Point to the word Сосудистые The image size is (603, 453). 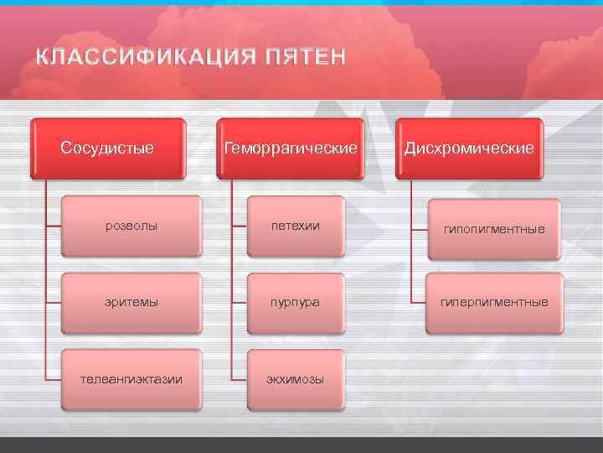107,148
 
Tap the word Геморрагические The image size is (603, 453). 291,148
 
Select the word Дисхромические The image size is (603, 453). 469,148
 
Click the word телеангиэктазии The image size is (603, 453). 131,379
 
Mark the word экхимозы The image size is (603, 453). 296,379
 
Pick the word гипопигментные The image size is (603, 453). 494,229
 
